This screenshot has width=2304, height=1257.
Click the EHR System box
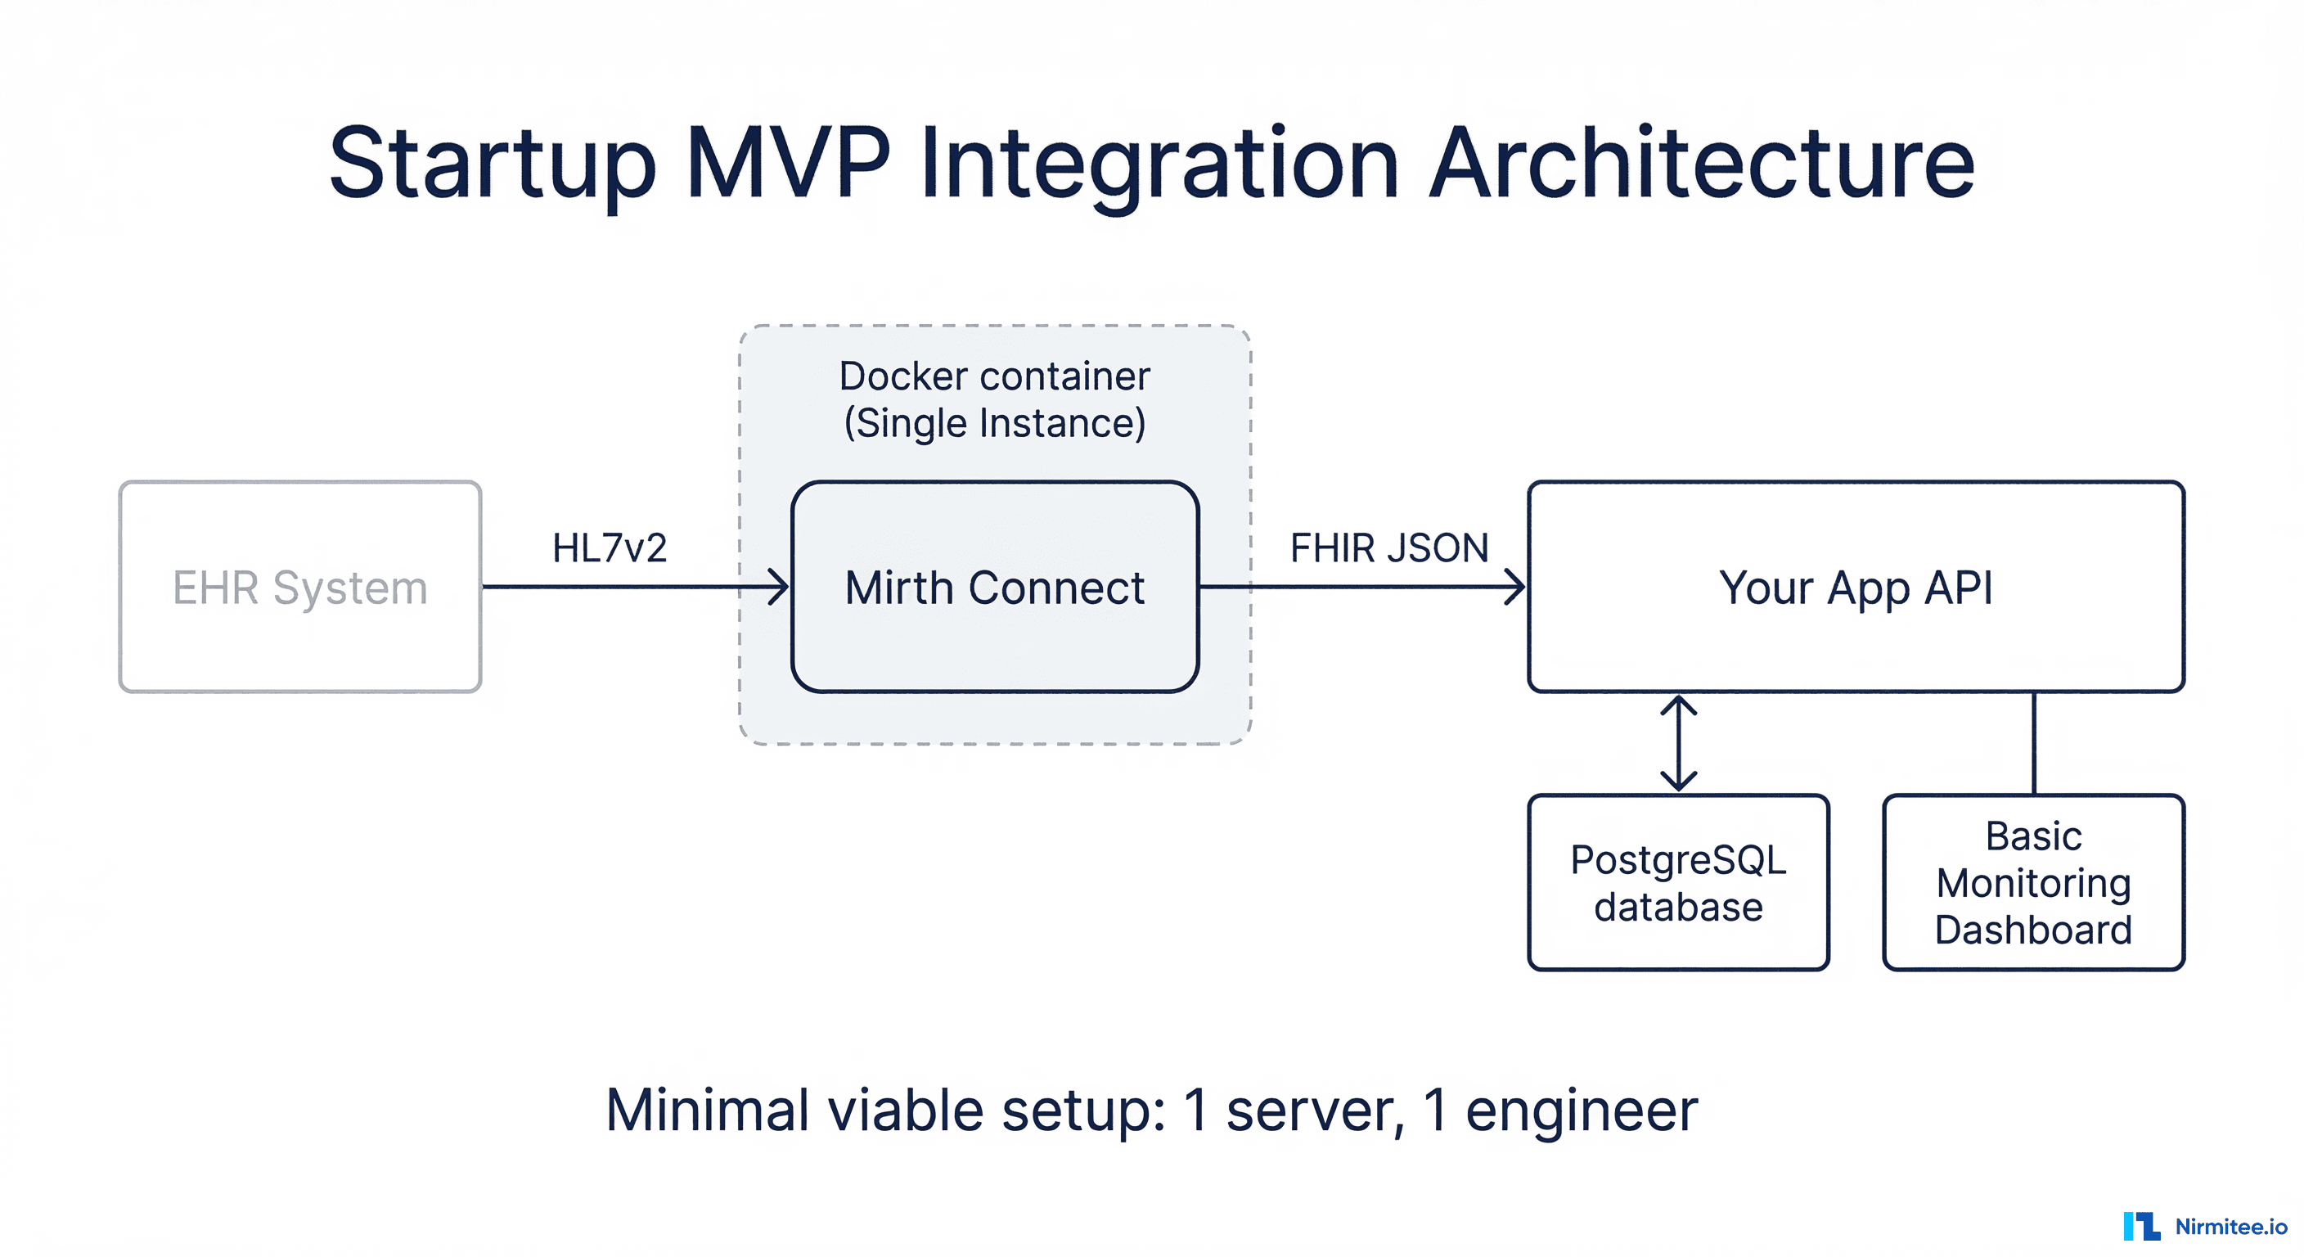pos(299,587)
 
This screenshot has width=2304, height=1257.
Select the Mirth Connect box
pos(995,587)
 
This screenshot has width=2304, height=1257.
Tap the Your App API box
pos(1856,587)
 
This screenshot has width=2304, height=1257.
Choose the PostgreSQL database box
pos(1678,882)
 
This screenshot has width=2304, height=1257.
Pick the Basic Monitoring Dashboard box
pos(2033,882)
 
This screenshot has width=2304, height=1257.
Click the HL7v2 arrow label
pos(609,547)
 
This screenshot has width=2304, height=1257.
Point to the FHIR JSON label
pos(1389,547)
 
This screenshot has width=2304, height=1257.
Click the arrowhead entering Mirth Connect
pos(780,587)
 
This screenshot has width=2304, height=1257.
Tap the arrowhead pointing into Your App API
pos(1516,587)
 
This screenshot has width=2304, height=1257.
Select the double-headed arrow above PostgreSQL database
pos(1679,743)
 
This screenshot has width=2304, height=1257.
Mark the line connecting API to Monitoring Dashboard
pos(2034,743)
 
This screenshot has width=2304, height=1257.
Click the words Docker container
pos(995,376)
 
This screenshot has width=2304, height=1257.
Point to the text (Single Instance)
pos(995,423)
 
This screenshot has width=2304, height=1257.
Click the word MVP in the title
pos(788,163)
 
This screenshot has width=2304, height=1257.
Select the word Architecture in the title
pos(1701,163)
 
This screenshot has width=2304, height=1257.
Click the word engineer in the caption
pos(1582,1111)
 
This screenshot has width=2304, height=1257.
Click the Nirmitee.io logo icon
pos(2141,1226)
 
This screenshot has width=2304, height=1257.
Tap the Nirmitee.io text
pos(2230,1227)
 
